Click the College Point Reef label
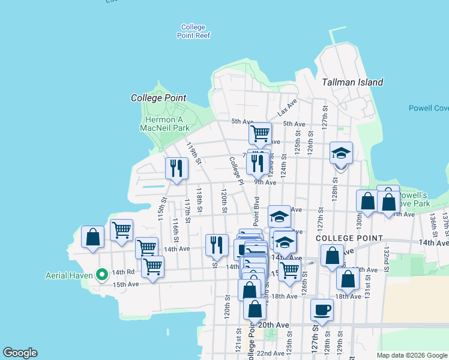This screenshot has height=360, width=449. (193, 31)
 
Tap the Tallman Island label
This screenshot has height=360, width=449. (352, 82)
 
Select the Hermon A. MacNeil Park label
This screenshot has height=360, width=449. (164, 124)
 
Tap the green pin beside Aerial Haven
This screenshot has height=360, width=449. (102, 275)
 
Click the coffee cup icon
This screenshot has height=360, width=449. (322, 310)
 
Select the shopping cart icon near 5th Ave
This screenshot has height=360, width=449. (260, 133)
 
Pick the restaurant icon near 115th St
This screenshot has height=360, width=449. (176, 168)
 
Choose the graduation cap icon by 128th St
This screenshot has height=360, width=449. (341, 153)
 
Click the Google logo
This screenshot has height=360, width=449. (20, 353)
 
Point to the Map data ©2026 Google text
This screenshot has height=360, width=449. (411, 355)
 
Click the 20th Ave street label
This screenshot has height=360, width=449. (273, 325)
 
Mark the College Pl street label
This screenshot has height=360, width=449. (235, 170)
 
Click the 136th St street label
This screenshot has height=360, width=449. (432, 223)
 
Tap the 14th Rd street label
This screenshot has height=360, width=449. (122, 272)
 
